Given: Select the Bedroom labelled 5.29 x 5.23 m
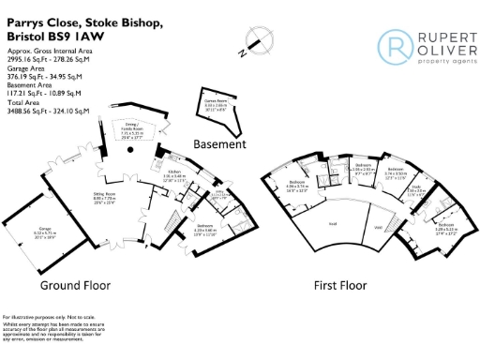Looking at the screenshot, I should coord(445,226).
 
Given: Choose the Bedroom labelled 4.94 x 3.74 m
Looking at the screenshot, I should coord(298,182).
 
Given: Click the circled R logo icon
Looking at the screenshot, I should coord(392,44).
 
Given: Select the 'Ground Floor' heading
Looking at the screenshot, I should coord(75,284).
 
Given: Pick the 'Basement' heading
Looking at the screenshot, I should coord(219,144).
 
